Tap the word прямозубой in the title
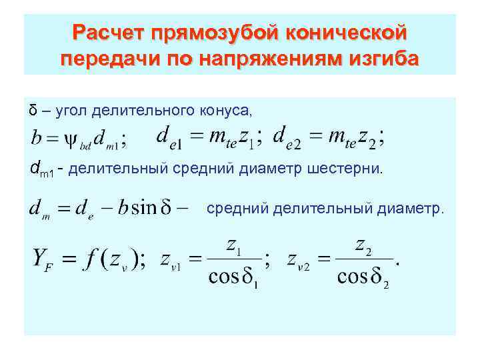click(215, 33)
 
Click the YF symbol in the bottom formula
click(43, 259)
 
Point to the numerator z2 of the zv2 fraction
click(364, 245)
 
